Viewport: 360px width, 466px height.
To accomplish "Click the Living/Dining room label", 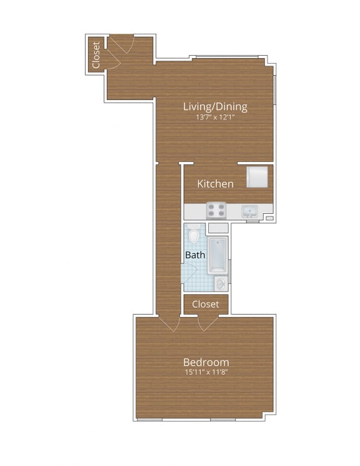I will (x=215, y=106).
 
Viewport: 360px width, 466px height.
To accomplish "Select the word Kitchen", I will (x=216, y=184).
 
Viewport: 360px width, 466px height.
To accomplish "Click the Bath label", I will (x=195, y=255).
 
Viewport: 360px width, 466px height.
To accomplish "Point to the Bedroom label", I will (x=206, y=362).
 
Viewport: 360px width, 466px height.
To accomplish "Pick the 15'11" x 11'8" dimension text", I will (x=206, y=373).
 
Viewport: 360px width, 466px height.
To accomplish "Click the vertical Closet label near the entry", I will (x=96, y=54).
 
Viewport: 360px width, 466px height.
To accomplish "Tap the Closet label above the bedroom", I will (x=206, y=304).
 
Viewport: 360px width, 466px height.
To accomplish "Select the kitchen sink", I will (x=251, y=211).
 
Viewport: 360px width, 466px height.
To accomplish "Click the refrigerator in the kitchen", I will (x=257, y=176).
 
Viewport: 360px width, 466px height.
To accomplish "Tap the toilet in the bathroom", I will (x=195, y=235).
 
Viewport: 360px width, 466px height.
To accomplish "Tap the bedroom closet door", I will (x=207, y=323).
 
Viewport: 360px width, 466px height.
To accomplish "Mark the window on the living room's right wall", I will (x=274, y=88).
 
